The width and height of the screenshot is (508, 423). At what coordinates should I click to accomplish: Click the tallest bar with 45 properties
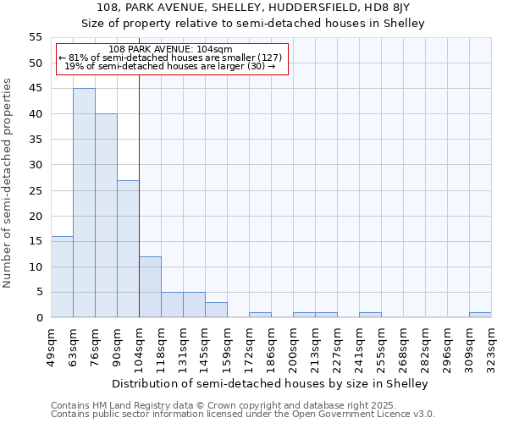coord(84,203)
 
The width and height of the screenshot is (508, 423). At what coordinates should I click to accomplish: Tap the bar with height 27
coord(128,249)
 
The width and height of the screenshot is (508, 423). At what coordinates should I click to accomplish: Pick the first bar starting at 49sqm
coord(62,277)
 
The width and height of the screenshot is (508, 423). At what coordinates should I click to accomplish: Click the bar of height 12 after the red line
coord(150,287)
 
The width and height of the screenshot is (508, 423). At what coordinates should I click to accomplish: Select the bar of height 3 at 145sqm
coord(216,310)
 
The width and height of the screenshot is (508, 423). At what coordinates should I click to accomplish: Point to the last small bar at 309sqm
coord(480,315)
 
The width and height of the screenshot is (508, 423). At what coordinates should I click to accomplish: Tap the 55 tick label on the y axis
coord(35,37)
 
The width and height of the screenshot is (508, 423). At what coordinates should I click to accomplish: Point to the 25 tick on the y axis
coord(35,190)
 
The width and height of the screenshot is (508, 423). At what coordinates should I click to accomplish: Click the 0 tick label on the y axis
coord(38,318)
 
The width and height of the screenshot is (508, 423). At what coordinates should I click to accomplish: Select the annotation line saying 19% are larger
coord(170,66)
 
